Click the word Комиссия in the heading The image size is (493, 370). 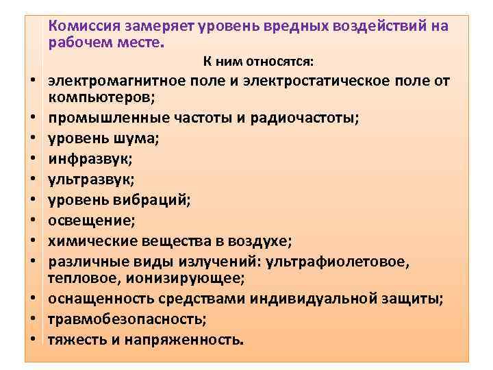click(x=86, y=25)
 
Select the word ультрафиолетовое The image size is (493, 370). click(x=336, y=261)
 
